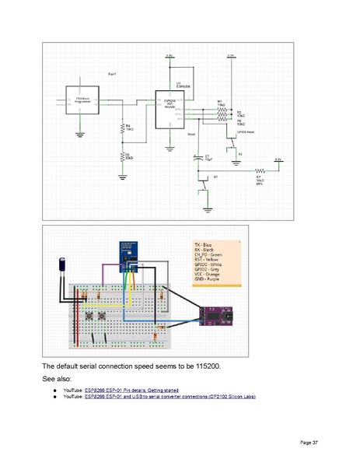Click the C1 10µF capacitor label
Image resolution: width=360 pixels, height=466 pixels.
pyautogui.click(x=208, y=157)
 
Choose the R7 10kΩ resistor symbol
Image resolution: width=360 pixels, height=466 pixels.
pyautogui.click(x=260, y=170)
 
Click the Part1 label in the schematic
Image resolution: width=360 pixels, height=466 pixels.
pyautogui.click(x=112, y=73)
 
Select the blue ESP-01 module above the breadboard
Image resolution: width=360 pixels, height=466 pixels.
pyautogui.click(x=126, y=251)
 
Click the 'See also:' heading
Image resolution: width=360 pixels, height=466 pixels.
pyautogui.click(x=57, y=379)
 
